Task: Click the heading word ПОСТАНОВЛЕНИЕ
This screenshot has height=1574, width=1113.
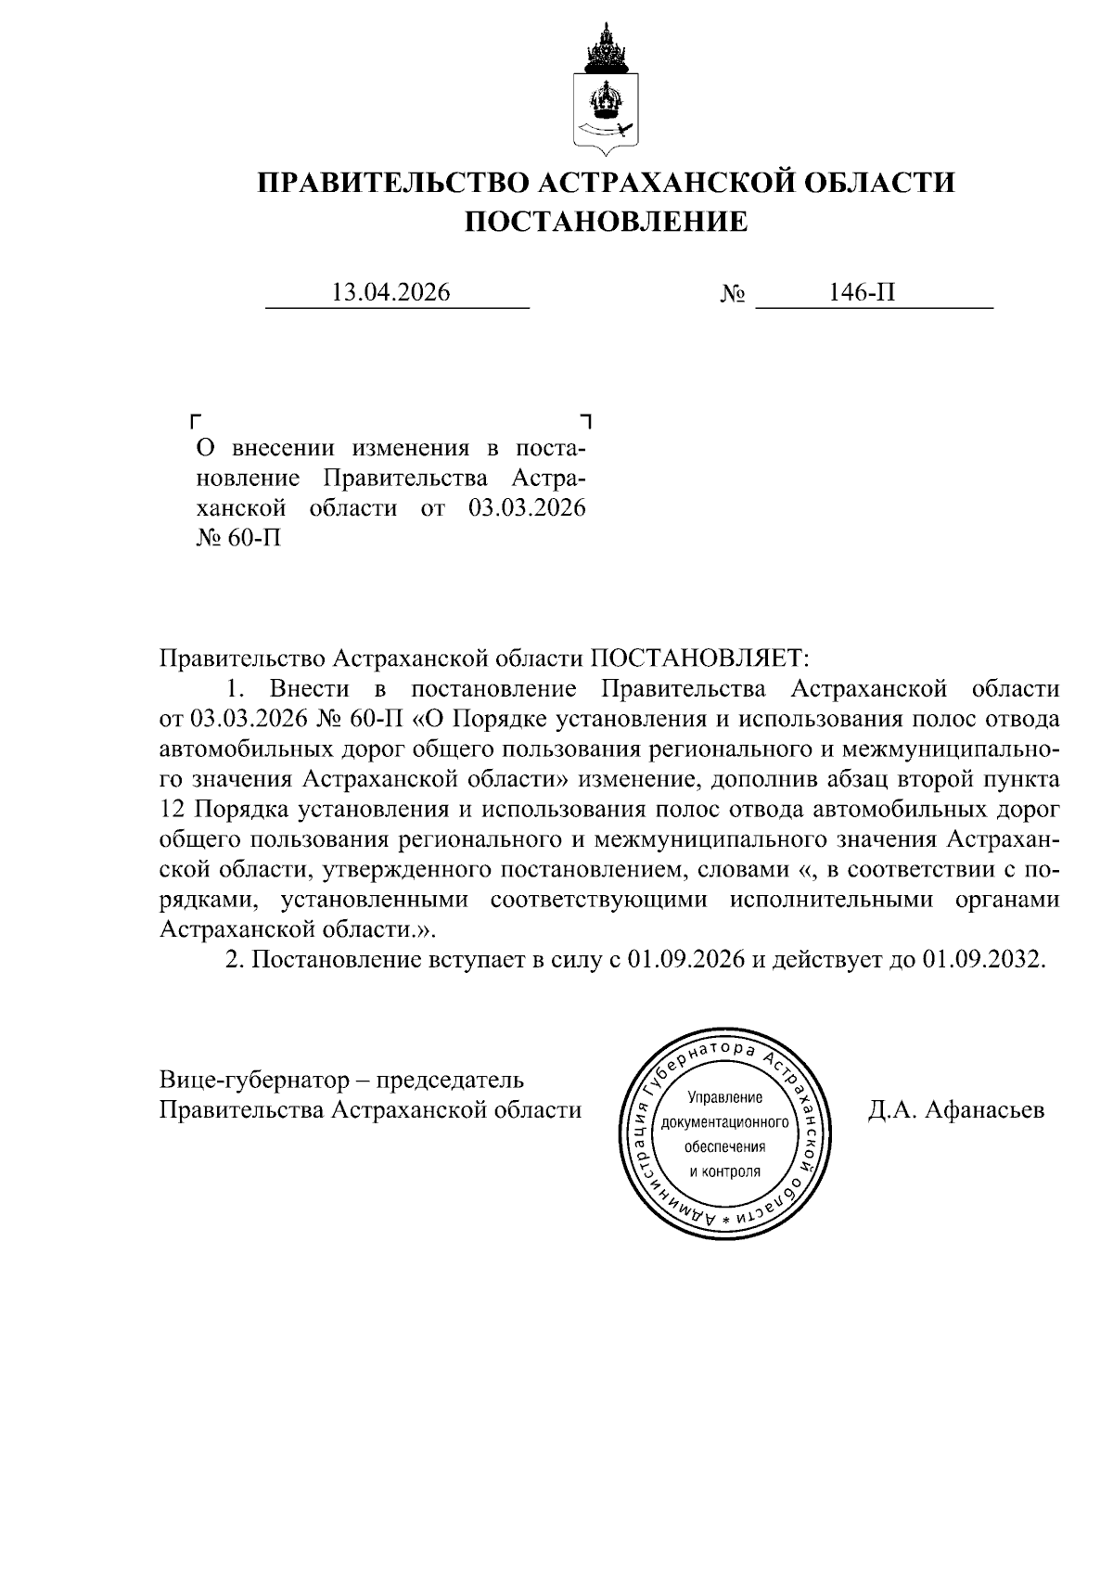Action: pos(605,222)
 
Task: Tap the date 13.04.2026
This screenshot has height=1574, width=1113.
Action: pos(390,293)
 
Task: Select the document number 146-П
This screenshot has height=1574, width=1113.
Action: pos(863,293)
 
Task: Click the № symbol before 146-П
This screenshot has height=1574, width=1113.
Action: pos(732,295)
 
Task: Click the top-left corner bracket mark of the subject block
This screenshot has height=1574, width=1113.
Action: pos(195,421)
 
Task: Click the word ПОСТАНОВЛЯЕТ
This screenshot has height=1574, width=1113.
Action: pos(700,659)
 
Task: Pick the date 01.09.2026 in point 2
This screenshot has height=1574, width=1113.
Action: pos(687,960)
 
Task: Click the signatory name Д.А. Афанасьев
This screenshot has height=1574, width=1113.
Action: pos(955,1110)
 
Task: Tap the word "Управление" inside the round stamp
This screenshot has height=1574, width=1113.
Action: pos(724,1098)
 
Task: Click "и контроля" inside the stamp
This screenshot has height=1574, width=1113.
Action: pos(724,1171)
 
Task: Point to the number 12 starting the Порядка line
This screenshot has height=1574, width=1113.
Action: pos(173,809)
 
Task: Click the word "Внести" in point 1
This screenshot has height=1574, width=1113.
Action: pos(309,689)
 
